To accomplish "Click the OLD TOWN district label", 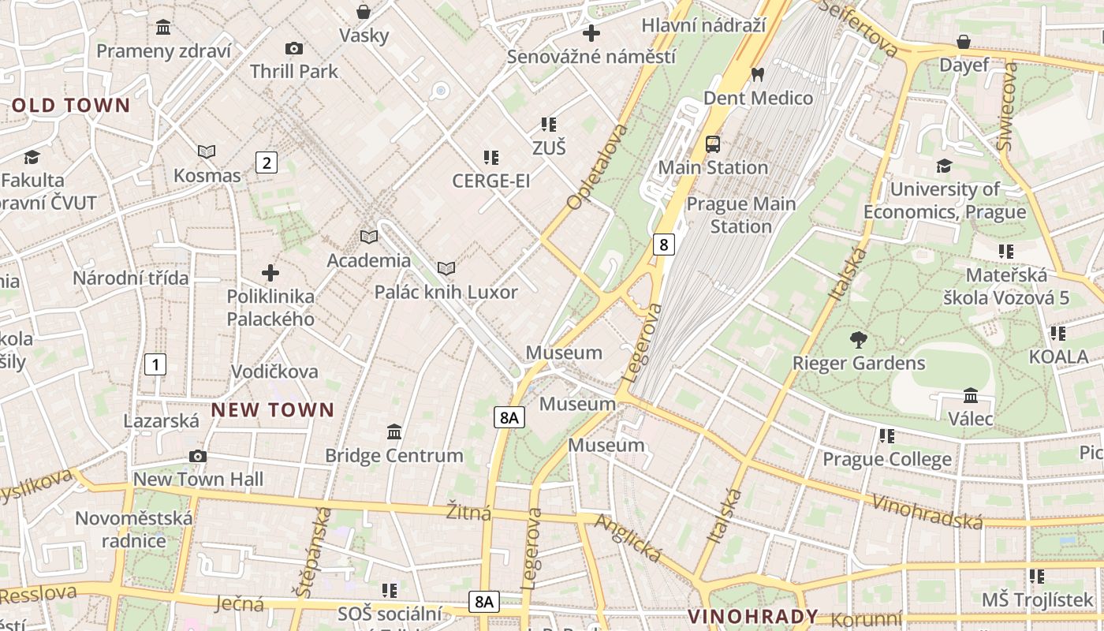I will (x=71, y=105).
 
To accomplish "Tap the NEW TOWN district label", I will (x=273, y=409).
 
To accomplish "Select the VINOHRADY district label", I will (x=753, y=616).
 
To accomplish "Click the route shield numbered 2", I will (x=267, y=163).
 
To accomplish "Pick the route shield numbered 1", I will (x=156, y=364).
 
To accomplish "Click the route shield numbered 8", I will (x=664, y=245).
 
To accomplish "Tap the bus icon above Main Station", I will (x=713, y=144).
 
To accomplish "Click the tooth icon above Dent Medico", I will (x=758, y=75).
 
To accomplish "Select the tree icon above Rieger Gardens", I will (x=859, y=341).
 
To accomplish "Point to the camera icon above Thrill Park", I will (x=294, y=49).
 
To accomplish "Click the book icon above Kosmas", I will (x=207, y=151).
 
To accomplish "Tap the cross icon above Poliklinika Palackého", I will (x=270, y=274).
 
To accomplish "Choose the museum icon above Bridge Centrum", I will (x=394, y=432).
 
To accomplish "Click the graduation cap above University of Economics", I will (x=944, y=166).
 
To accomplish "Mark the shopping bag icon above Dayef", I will (x=964, y=42).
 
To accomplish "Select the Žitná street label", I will (x=468, y=513).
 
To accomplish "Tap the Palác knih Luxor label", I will (x=446, y=292).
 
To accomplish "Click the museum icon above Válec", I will (x=971, y=395).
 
